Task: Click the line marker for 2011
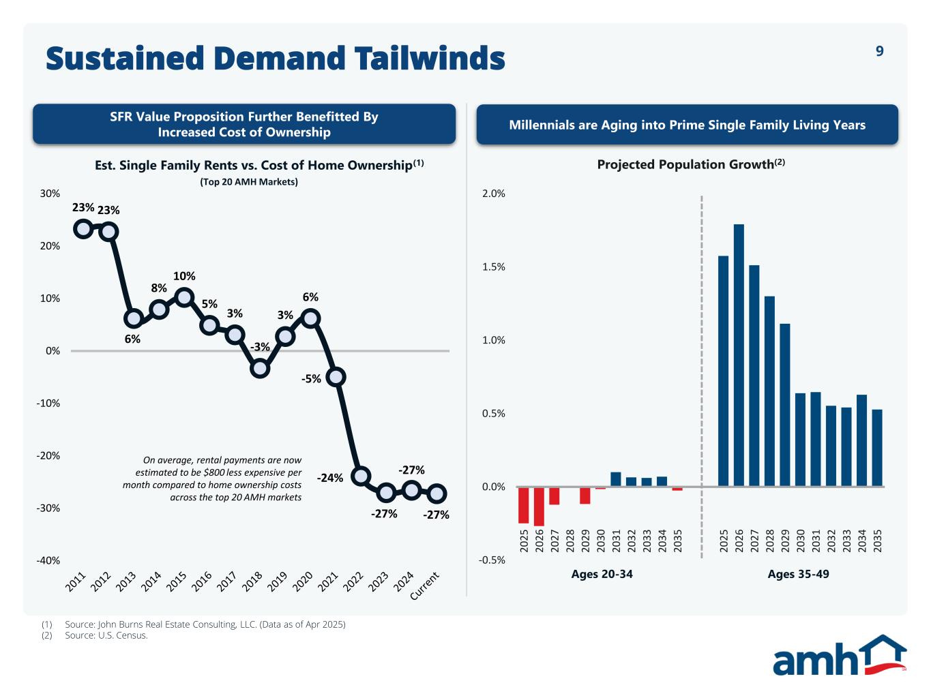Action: point(83,228)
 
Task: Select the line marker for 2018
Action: point(260,368)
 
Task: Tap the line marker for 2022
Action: point(361,476)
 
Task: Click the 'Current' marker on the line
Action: point(437,493)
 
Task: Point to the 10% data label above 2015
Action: point(184,276)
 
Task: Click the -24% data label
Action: point(330,478)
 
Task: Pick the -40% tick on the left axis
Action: point(48,560)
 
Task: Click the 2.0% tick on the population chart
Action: point(494,194)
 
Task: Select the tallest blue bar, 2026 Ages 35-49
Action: point(739,354)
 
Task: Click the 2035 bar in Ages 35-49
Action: point(877,448)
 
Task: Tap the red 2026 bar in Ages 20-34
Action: point(539,506)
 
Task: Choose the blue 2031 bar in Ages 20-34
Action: point(616,479)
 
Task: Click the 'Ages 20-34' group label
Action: point(602,574)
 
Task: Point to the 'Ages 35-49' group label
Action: point(798,574)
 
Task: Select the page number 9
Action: point(880,51)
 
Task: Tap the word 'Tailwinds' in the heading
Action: point(430,59)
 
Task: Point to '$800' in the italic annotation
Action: point(217,472)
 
